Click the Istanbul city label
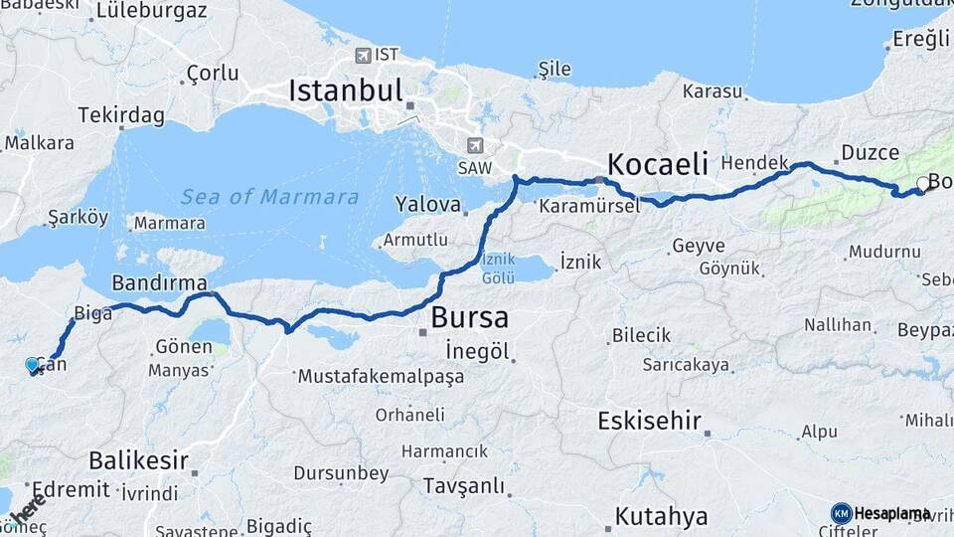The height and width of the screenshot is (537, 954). (345, 91)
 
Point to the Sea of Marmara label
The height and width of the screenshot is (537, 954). (269, 197)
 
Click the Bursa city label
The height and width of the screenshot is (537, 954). (469, 318)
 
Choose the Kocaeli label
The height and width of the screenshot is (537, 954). (657, 164)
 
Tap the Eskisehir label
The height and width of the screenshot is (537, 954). (650, 421)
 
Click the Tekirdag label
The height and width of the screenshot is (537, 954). (120, 115)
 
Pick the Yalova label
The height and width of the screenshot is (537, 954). (428, 206)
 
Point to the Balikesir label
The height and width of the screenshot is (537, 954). (138, 460)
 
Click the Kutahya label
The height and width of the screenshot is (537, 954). (661, 516)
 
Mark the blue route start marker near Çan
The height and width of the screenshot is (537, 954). (34, 365)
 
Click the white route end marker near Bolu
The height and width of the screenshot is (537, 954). (923, 183)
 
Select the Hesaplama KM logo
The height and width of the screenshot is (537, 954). (880, 513)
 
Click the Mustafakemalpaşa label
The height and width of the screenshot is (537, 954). (381, 378)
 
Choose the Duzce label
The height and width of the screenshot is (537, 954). (870, 152)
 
